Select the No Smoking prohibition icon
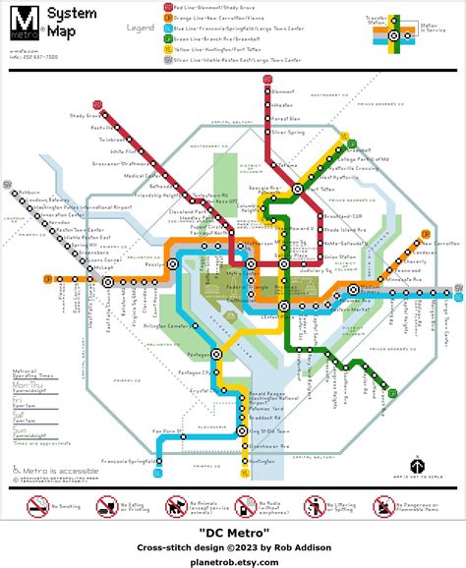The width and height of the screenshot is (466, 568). pos(37,508)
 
